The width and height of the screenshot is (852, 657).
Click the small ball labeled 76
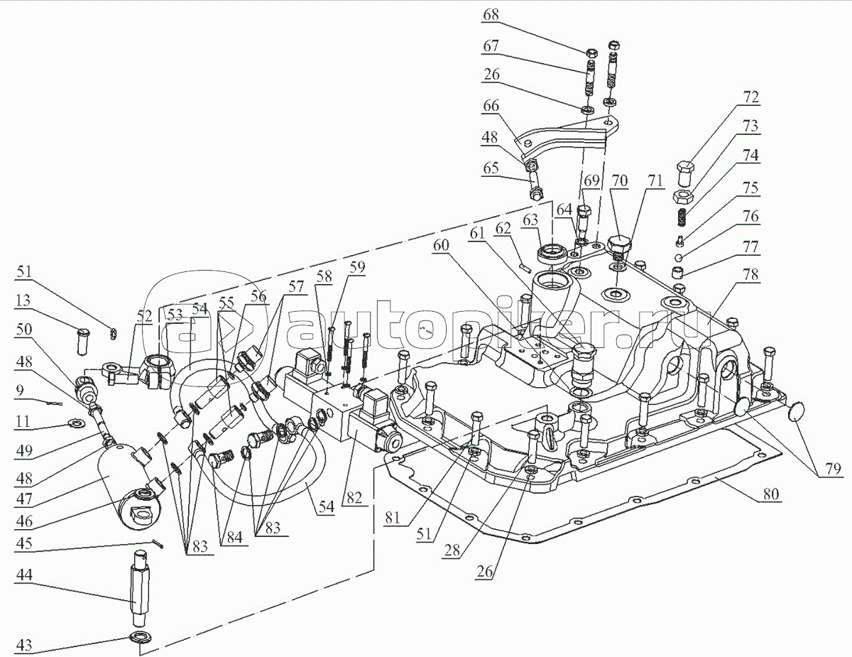(679, 257)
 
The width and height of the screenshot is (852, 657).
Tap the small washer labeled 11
(74, 425)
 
